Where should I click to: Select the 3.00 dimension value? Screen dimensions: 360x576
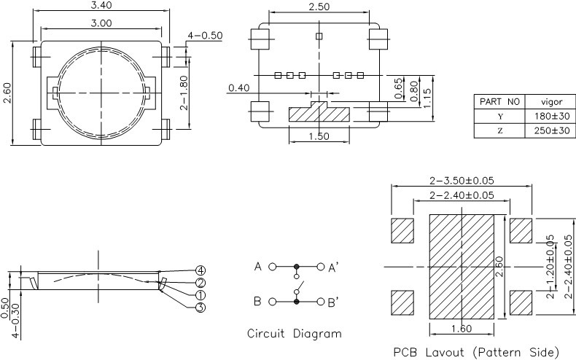click(101, 23)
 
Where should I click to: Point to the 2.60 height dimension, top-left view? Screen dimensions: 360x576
click(7, 92)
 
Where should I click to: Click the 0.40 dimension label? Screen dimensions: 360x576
click(238, 88)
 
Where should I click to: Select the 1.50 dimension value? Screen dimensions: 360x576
click(319, 136)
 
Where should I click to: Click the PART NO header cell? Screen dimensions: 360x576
click(499, 101)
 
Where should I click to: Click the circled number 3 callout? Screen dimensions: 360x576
click(201, 307)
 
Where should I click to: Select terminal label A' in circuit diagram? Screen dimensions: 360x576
click(332, 267)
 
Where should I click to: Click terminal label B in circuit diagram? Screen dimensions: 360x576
click(257, 300)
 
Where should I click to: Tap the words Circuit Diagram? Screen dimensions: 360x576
click(294, 334)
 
